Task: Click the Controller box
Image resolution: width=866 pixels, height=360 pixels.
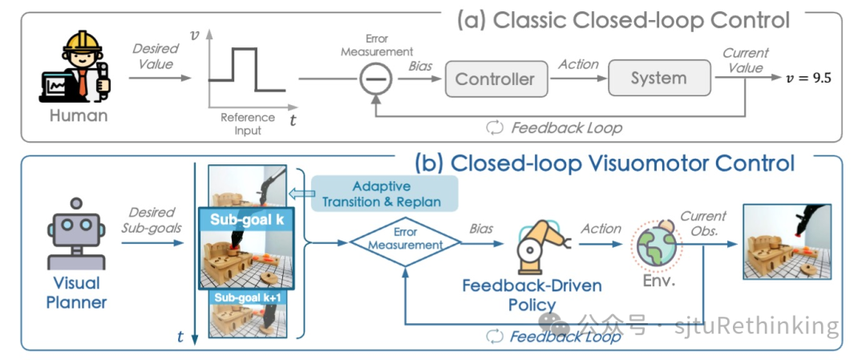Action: point(495,79)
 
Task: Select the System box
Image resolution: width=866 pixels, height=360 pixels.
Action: point(658,78)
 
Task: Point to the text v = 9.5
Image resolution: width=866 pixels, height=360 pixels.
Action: point(808,78)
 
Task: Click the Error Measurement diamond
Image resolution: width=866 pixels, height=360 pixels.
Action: point(406,242)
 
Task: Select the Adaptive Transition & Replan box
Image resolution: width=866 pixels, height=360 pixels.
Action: point(384,193)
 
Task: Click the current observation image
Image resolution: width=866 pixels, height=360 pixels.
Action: point(787,241)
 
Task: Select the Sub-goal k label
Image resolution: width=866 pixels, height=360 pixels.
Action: point(245,219)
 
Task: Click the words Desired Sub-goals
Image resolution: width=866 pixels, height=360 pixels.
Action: point(152,220)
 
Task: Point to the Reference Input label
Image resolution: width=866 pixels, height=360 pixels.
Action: point(247,123)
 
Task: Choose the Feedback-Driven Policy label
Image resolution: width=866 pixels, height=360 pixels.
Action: point(532,295)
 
